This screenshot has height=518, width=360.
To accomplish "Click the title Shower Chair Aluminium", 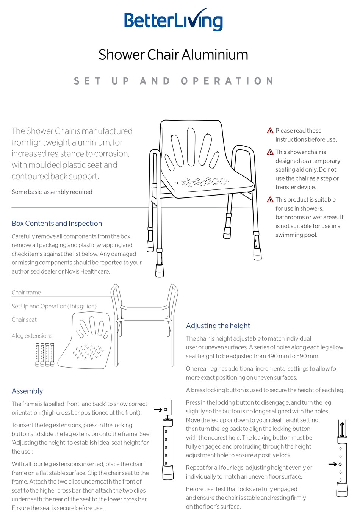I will [x=173, y=55].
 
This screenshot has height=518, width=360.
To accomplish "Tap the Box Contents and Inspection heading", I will [x=57, y=224].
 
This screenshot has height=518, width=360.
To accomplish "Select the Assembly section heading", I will [x=27, y=391].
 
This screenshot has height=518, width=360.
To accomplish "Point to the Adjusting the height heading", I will [x=218, y=326].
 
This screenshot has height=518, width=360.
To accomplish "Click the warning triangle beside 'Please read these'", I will [x=270, y=131].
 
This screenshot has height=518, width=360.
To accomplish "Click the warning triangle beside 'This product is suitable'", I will [x=270, y=200].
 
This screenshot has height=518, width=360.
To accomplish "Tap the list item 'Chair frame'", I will [x=26, y=293].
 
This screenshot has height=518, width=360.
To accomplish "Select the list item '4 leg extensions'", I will [x=32, y=336].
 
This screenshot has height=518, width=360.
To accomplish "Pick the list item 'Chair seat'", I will [x=24, y=320].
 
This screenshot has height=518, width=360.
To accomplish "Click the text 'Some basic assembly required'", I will [x=52, y=192].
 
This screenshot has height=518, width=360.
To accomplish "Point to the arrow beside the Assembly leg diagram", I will [x=158, y=410].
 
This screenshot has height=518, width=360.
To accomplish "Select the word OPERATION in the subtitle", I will [x=227, y=81].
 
